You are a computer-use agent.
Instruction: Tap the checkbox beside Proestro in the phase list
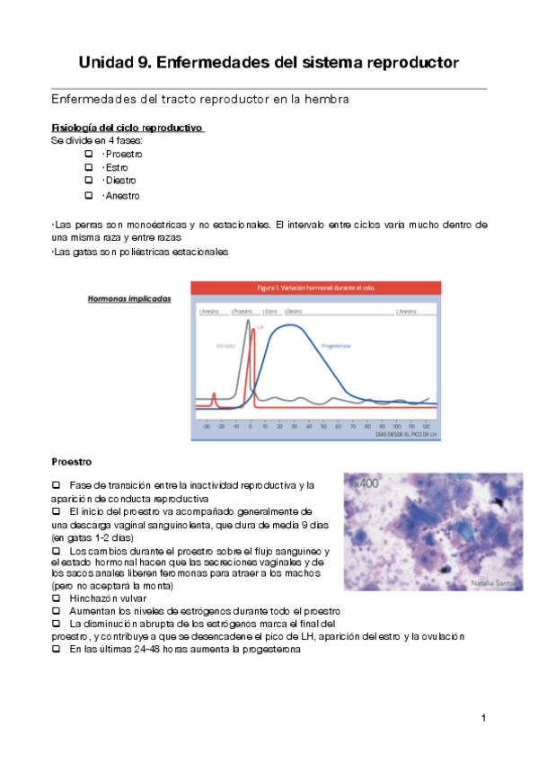[88, 154]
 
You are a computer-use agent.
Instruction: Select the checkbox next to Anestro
[88, 195]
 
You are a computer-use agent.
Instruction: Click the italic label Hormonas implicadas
[128, 299]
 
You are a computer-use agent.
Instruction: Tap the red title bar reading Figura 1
[315, 288]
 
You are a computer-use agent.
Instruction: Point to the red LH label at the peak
[260, 328]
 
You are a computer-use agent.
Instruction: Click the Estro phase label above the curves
[272, 311]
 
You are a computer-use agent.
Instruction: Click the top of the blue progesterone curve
[287, 325]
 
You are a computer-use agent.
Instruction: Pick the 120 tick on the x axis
[426, 426]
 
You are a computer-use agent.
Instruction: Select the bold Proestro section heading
[72, 462]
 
